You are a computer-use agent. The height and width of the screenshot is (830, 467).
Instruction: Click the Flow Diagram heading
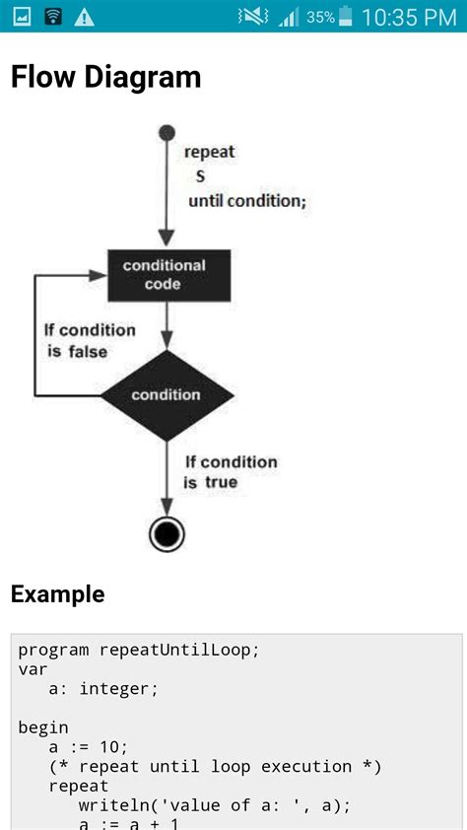pos(105,78)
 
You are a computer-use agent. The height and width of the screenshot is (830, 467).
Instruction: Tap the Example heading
pos(57,593)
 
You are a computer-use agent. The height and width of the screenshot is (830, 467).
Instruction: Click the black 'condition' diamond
pos(167,395)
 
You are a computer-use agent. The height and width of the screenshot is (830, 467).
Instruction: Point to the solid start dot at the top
pos(167,132)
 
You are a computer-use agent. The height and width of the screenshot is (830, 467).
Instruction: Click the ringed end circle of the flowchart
pos(167,533)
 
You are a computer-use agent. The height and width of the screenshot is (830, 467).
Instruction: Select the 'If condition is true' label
pos(231,472)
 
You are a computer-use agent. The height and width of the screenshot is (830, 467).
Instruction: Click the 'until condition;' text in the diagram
pos(247,201)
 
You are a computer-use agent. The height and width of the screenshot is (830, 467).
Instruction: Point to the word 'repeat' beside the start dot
pos(210,153)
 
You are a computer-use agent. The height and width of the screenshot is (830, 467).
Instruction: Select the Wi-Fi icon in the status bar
pos(53,17)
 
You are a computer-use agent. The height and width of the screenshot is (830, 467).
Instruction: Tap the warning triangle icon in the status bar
pos(85,17)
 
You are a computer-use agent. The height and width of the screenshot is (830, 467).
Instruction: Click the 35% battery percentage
pos(320,17)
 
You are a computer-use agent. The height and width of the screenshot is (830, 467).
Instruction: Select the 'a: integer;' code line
pos(103,688)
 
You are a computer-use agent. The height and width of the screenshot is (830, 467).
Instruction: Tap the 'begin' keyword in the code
pos(43,727)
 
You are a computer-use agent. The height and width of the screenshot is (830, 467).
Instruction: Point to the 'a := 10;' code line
pos(89,746)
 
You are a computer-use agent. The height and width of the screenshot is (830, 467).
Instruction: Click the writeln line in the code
pos(214,805)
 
